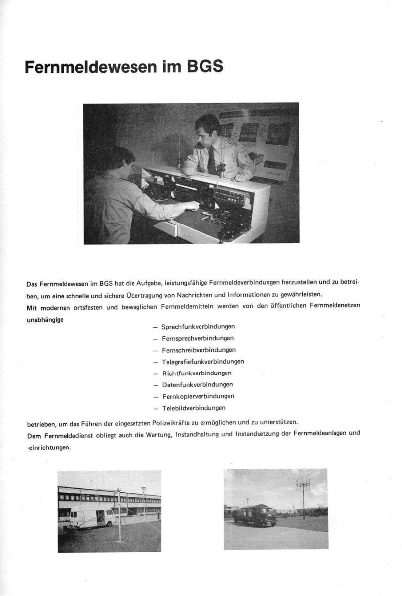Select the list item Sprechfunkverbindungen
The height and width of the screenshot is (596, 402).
point(198,326)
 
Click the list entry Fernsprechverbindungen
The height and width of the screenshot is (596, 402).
point(198,338)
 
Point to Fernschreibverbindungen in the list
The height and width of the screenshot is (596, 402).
point(199,350)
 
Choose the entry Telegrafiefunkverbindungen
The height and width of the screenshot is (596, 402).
point(202,361)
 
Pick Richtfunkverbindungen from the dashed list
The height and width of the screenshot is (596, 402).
point(197,372)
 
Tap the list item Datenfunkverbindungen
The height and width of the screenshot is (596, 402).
point(197,384)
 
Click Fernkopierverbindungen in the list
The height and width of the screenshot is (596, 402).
point(198,396)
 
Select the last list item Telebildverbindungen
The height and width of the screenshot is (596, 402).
point(194,408)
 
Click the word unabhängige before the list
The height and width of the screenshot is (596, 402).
point(45,319)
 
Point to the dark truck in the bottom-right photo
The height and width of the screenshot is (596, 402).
point(254,515)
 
